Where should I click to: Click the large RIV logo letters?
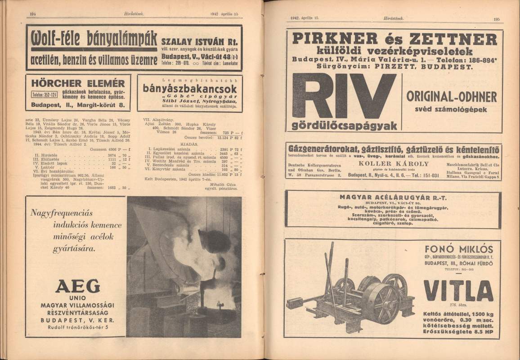click(344, 96)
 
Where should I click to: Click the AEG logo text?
click(78, 286)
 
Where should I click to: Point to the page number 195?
click(496, 19)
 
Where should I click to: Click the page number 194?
click(33, 14)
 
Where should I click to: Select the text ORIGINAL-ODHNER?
click(452, 97)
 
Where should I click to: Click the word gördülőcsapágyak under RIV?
click(345, 126)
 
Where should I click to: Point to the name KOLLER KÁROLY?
click(394, 164)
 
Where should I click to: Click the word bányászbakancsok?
click(189, 88)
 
